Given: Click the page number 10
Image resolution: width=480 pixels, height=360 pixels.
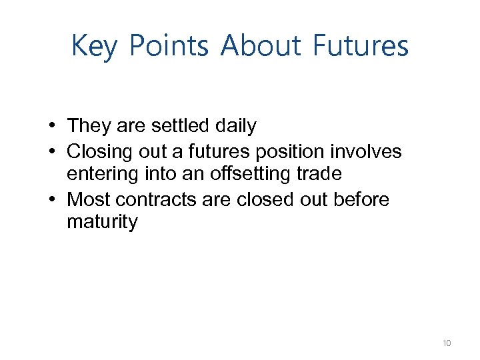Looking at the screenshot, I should (446, 343).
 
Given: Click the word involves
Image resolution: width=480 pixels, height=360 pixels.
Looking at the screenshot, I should (371, 151).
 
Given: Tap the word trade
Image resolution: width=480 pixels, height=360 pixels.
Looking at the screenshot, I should (319, 174).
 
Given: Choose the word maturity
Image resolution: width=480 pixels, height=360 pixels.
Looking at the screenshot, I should (102, 223).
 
